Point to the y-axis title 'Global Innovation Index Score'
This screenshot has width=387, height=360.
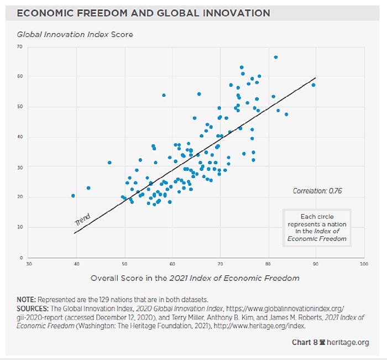click(75, 34)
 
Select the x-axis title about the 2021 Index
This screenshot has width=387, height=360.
click(195, 278)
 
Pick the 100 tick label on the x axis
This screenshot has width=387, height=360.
click(363, 264)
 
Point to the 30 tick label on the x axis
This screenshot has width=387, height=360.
click(29, 264)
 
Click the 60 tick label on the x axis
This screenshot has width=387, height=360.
click(172, 264)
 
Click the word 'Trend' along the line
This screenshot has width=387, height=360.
click(82, 219)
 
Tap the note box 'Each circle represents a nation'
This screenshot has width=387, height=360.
click(317, 227)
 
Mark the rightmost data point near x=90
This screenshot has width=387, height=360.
click(313, 85)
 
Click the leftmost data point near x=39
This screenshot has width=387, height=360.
click(73, 196)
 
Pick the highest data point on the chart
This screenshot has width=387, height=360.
click(276, 57)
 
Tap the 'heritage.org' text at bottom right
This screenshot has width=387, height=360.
click(347, 343)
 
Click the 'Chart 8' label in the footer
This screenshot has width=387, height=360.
click(305, 343)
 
